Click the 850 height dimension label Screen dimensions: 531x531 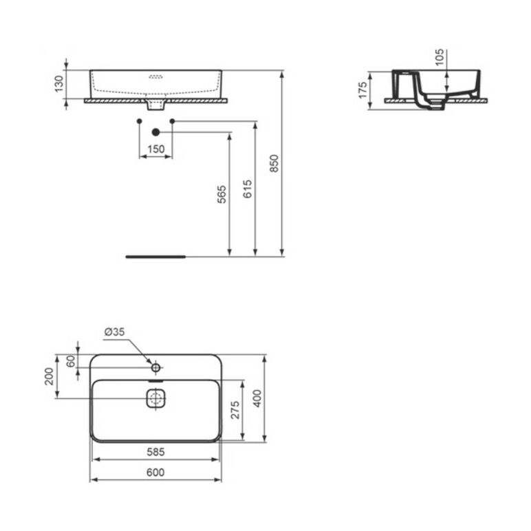(274, 163)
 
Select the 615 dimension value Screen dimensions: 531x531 (248, 189)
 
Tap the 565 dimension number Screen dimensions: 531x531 (221, 195)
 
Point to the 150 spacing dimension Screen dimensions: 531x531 (156, 149)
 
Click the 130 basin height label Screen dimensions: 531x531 (59, 84)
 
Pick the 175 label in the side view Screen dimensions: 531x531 (362, 90)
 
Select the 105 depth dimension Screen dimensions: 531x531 (440, 57)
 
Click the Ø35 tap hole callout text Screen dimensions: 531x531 (114, 332)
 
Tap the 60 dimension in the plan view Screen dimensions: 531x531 (71, 361)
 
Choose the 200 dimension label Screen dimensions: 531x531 (49, 376)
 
